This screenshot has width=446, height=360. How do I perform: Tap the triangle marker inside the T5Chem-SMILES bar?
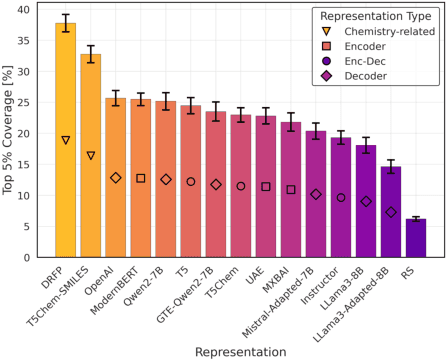coord(90,156)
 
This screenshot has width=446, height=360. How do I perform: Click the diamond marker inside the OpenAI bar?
coord(115,178)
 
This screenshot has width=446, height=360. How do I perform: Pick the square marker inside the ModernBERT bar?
coord(140,178)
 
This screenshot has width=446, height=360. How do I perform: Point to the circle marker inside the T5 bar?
coord(190,182)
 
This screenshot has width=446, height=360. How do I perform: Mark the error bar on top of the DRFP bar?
coord(65,23)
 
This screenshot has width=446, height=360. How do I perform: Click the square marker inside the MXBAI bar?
coord(290,189)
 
